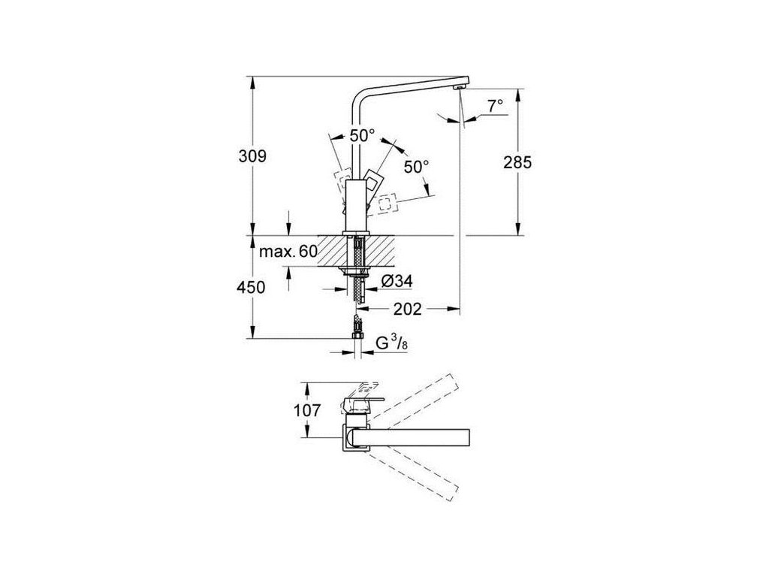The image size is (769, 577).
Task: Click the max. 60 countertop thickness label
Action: click(x=288, y=252)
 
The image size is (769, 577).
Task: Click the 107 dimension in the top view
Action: click(x=308, y=410)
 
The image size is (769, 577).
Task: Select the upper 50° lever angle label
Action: click(x=361, y=135)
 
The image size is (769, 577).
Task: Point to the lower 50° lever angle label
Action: click(x=416, y=166)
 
